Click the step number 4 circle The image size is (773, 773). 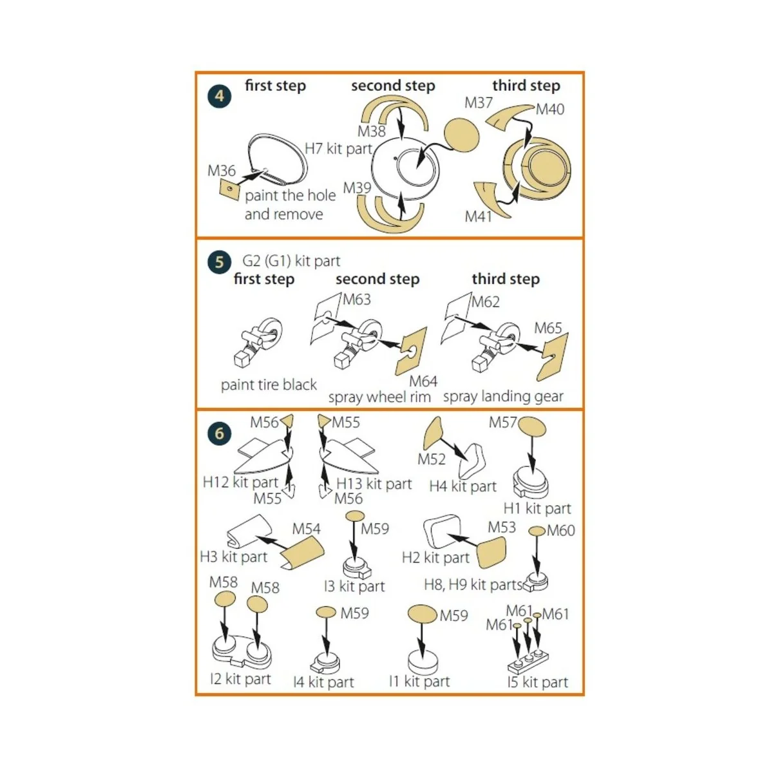pyautogui.click(x=219, y=96)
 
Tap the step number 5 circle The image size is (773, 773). pyautogui.click(x=219, y=262)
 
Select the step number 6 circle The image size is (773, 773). pyautogui.click(x=219, y=434)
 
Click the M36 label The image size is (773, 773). pyautogui.click(x=222, y=171)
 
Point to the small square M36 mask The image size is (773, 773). pyautogui.click(x=229, y=189)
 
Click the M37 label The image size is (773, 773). pyautogui.click(x=478, y=102)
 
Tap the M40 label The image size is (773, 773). pyautogui.click(x=550, y=109)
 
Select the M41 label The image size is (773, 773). pyautogui.click(x=478, y=216)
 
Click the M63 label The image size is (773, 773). pyautogui.click(x=357, y=300)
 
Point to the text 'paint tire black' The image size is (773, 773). pyautogui.click(x=269, y=385)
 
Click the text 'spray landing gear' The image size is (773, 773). pyautogui.click(x=503, y=396)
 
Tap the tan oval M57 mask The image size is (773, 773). pyautogui.click(x=532, y=426)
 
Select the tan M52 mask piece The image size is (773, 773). pyautogui.click(x=432, y=433)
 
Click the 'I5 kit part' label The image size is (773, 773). pyautogui.click(x=537, y=682)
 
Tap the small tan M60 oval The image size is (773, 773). pyautogui.click(x=537, y=531)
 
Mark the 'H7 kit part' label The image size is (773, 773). pyautogui.click(x=339, y=149)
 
